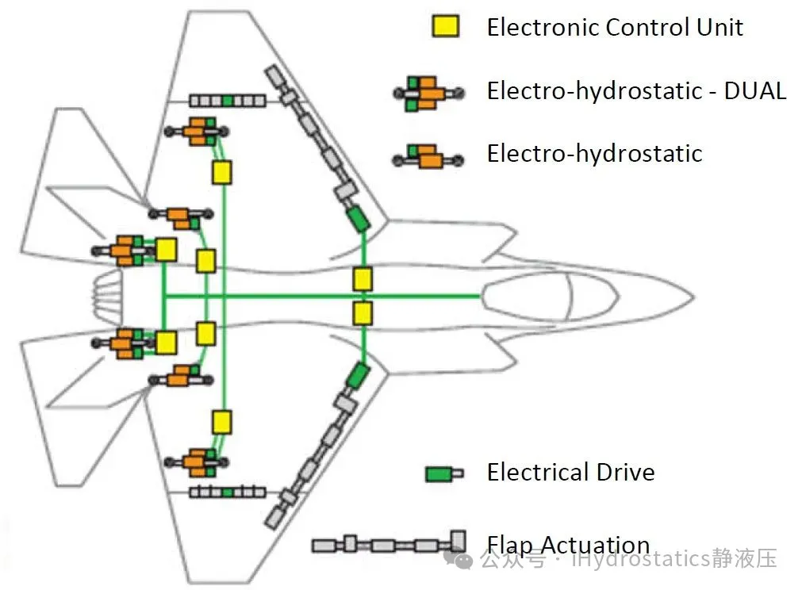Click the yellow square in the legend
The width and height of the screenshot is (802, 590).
(446, 26)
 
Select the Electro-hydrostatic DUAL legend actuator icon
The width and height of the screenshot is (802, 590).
(428, 93)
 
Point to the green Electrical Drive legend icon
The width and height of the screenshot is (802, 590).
(444, 473)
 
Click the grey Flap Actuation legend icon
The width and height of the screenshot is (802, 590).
(389, 543)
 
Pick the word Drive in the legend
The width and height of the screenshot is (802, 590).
(626, 472)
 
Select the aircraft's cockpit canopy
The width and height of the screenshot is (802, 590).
(550, 297)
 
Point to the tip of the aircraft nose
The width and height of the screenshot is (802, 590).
(693, 297)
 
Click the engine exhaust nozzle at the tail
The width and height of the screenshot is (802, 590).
(106, 297)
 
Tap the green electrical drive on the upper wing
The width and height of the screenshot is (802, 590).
(358, 218)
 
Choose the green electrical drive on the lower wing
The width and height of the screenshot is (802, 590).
(358, 376)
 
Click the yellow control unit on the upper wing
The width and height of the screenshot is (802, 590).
(222, 172)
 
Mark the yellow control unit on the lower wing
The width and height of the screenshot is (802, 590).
(222, 423)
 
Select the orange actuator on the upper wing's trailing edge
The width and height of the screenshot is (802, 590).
(198, 132)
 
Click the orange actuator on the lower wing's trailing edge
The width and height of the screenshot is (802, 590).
(198, 462)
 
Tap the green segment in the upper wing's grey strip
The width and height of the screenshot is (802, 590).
(228, 100)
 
